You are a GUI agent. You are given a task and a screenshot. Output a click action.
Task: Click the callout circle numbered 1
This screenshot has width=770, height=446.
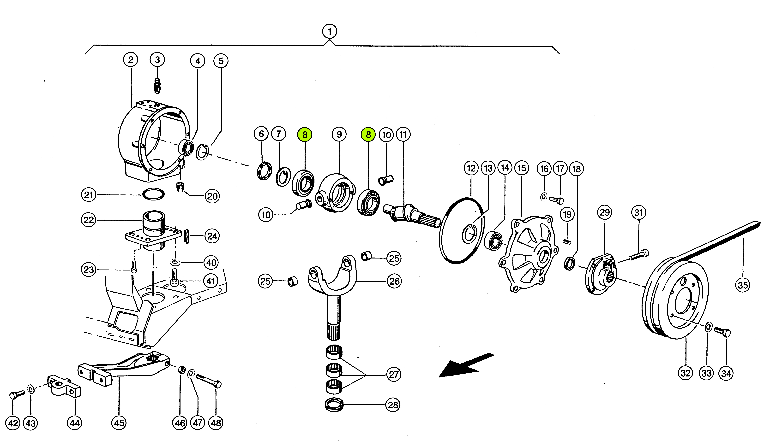329,31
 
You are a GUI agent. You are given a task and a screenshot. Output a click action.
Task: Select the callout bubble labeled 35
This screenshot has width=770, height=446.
742,285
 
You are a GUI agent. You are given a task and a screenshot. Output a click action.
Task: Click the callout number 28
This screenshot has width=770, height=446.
393,405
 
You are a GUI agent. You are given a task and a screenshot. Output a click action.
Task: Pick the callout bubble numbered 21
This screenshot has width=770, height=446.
89,195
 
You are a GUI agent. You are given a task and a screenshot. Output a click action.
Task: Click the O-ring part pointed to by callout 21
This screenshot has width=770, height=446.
153,194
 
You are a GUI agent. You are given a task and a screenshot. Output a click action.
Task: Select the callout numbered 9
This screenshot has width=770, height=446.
339,134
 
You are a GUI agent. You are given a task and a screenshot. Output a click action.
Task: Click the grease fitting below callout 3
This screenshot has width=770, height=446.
157,86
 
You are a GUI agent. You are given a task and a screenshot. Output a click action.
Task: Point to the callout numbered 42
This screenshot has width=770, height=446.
13,423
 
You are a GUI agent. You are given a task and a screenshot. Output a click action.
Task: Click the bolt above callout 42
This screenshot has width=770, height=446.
17,395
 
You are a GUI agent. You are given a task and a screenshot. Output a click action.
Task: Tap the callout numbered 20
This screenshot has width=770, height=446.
212,196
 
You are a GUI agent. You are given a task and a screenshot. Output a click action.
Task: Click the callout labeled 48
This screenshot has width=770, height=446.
216,423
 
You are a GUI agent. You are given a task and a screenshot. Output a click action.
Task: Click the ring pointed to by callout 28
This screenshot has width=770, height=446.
334,405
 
